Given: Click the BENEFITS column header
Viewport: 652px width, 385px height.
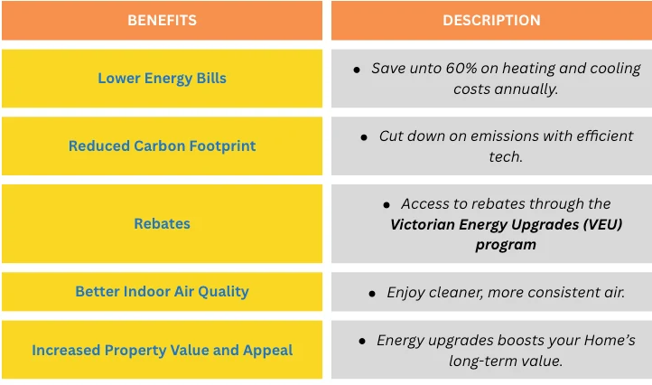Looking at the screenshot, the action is pos(162,21).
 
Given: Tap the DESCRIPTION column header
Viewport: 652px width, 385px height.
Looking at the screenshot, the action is pos(491,21).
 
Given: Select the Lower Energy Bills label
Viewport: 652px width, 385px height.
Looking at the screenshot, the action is pos(162,79).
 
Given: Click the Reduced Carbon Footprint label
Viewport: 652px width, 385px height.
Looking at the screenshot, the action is pos(162,146).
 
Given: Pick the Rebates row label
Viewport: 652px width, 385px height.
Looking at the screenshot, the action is pos(162,223).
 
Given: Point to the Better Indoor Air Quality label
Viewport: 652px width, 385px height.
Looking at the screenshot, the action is pos(162,291).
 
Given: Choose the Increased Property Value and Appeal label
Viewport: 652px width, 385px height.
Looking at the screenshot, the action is pos(162,351).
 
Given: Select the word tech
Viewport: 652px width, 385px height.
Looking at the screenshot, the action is pos(506,157).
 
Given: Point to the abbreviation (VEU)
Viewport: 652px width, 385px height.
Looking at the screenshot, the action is pos(602,225).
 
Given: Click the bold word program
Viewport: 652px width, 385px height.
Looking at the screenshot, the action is pos(506,245).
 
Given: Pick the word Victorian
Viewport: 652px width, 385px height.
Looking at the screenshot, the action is pos(422,225).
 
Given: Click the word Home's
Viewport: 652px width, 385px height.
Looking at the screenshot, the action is pos(610,341).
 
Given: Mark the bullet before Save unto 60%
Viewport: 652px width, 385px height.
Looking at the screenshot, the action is pos(357,70).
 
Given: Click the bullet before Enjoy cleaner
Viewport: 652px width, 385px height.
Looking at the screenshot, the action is pos(372,294).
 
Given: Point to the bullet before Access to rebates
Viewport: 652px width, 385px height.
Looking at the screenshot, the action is pos(387,205).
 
